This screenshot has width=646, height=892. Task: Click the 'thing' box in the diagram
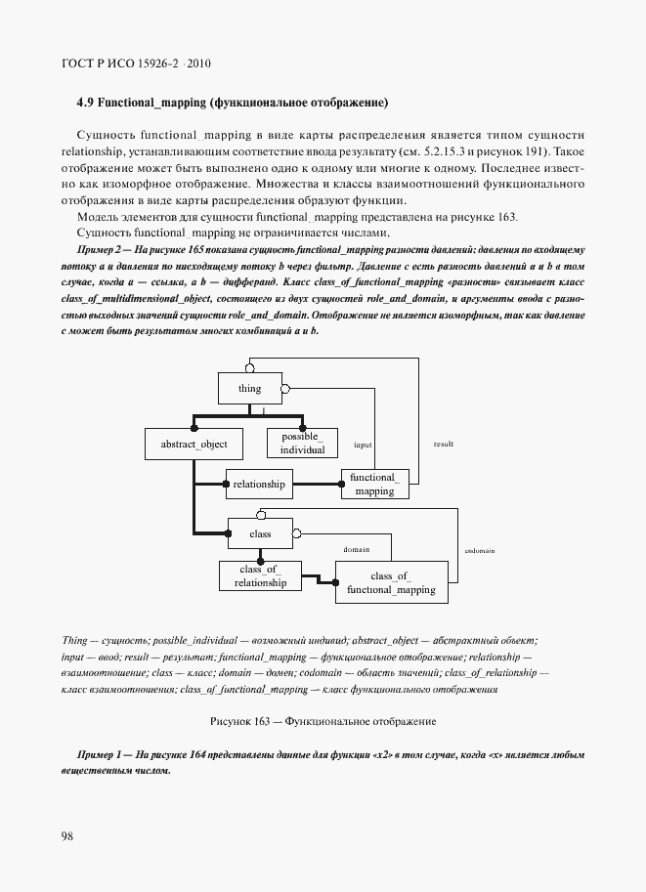(x=249, y=389)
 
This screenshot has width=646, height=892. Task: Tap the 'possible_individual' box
(x=302, y=444)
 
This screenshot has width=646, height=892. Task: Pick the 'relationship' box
(x=259, y=484)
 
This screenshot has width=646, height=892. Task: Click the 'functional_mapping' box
(x=374, y=484)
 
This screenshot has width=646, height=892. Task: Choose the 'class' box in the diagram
(x=260, y=533)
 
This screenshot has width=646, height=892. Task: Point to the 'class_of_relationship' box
(x=260, y=576)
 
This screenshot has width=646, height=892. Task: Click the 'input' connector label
(x=363, y=444)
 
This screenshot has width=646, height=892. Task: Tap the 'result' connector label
(x=443, y=444)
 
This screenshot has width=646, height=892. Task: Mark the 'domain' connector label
(x=356, y=550)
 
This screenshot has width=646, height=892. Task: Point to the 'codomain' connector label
(x=479, y=550)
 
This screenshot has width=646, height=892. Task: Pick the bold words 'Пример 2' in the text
(x=99, y=251)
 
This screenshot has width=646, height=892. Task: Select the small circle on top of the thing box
(x=250, y=367)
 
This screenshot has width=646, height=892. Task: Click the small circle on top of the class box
(x=260, y=513)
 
